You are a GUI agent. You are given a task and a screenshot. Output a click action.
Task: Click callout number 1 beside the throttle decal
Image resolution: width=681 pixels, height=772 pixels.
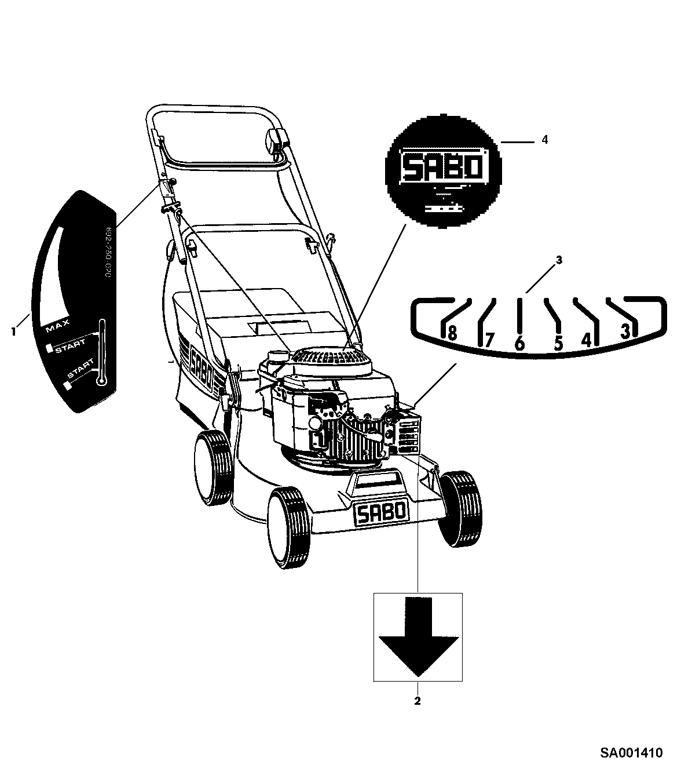click(x=13, y=331)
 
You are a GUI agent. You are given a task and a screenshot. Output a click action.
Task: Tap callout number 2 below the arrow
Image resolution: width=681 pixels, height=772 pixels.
click(x=417, y=701)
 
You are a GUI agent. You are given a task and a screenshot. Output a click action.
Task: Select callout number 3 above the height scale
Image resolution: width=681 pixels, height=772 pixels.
click(x=559, y=260)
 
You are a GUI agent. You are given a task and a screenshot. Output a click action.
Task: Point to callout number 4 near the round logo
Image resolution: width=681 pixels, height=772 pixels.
click(x=544, y=140)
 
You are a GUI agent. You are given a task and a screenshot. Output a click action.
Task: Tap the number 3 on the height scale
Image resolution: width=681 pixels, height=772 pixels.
click(x=625, y=332)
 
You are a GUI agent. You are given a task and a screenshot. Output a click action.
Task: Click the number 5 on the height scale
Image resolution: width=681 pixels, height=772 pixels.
click(x=558, y=343)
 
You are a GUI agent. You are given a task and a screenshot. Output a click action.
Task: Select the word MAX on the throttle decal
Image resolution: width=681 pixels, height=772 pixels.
click(x=58, y=326)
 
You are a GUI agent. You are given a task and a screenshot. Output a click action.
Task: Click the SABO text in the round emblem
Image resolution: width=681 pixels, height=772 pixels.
click(x=443, y=167)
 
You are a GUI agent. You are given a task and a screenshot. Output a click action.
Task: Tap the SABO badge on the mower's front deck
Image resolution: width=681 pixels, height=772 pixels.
click(x=381, y=513)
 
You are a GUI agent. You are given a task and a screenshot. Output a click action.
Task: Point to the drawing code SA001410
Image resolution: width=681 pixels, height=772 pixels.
click(x=631, y=753)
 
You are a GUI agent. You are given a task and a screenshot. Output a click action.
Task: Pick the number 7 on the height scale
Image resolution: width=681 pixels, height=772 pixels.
click(x=489, y=339)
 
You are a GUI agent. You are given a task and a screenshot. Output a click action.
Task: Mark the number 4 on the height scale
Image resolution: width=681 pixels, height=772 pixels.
click(x=587, y=339)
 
